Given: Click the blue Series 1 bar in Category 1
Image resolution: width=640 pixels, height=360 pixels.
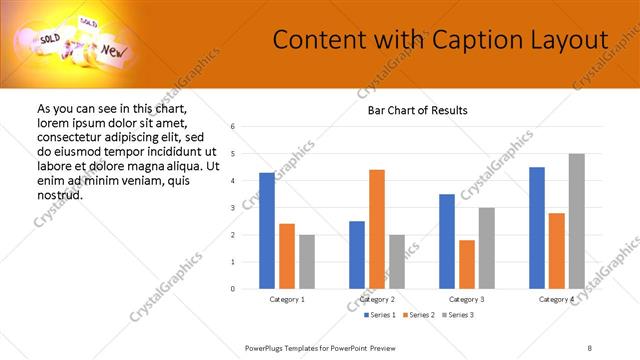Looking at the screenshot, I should [x=267, y=231].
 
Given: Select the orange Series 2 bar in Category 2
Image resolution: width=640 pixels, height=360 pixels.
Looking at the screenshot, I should [x=377, y=229].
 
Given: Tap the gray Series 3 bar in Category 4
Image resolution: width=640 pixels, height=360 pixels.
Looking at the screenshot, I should [x=577, y=221].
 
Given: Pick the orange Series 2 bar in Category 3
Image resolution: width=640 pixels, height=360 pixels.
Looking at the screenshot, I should [x=467, y=264].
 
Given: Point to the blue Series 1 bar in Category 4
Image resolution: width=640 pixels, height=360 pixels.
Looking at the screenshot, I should [x=537, y=228].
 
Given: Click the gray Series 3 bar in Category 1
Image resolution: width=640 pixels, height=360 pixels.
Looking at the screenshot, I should [x=307, y=262].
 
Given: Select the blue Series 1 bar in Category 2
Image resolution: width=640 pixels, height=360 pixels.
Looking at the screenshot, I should [x=357, y=255].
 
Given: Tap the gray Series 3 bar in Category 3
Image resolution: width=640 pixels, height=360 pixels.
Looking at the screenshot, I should [x=487, y=248].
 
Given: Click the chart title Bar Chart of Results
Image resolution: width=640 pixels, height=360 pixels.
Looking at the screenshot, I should [x=411, y=110].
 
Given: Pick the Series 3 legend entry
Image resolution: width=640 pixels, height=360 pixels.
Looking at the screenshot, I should [x=456, y=315].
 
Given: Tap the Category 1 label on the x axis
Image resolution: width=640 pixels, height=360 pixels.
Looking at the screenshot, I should [x=287, y=299].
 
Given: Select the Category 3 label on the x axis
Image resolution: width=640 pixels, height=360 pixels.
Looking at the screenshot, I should [x=467, y=299].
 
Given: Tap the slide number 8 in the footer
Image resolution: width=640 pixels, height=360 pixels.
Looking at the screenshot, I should [x=589, y=347].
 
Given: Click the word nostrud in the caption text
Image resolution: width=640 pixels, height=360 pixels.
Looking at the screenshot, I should [x=59, y=194].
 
